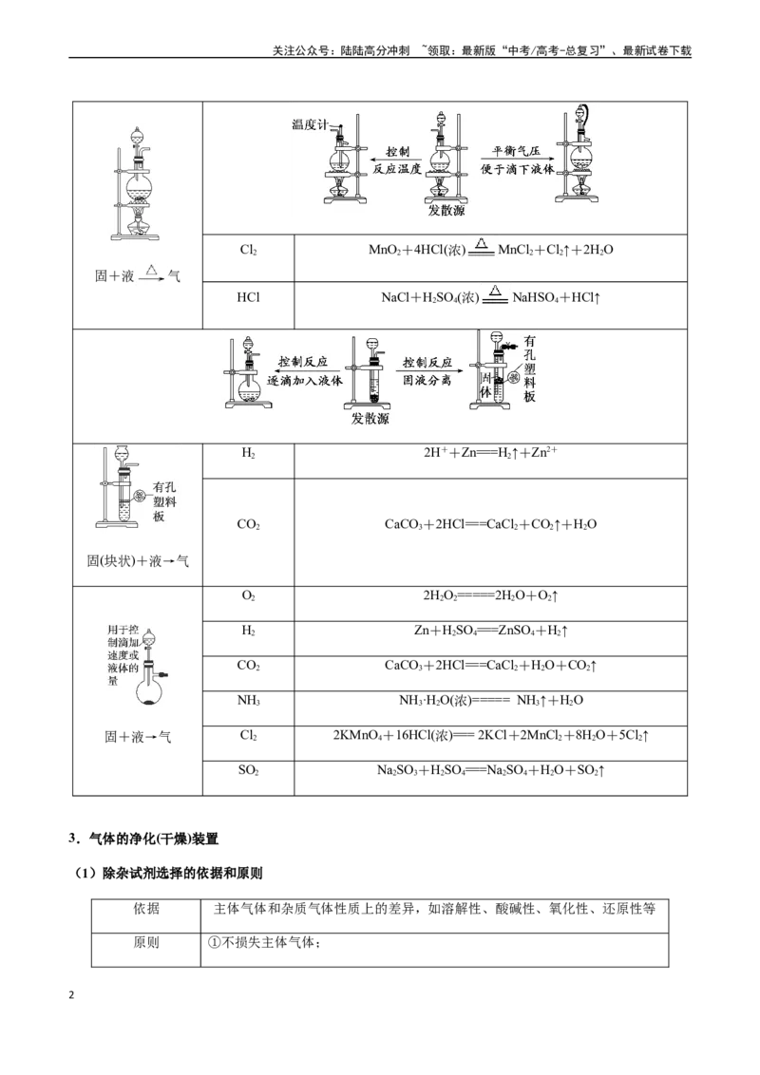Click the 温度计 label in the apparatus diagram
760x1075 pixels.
tap(310, 124)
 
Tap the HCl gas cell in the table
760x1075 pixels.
tap(248, 297)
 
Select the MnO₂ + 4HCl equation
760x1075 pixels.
tap(490, 249)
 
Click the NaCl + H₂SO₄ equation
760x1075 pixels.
tap(490, 297)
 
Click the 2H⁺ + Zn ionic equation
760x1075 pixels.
tap(490, 452)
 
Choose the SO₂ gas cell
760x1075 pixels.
tap(248, 770)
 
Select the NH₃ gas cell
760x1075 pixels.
tap(248, 701)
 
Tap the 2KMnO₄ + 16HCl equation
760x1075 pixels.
tap(490, 736)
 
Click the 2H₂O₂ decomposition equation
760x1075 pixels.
tap(490, 595)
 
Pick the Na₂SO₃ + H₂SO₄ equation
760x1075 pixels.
tap(490, 770)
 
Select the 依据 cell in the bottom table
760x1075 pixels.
tap(146, 909)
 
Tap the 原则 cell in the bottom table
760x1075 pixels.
tap(146, 943)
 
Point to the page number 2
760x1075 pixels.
tap(71, 995)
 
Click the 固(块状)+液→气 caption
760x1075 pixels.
tap(138, 561)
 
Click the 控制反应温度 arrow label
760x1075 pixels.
tap(397, 160)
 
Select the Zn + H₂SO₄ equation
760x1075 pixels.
tap(490, 631)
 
